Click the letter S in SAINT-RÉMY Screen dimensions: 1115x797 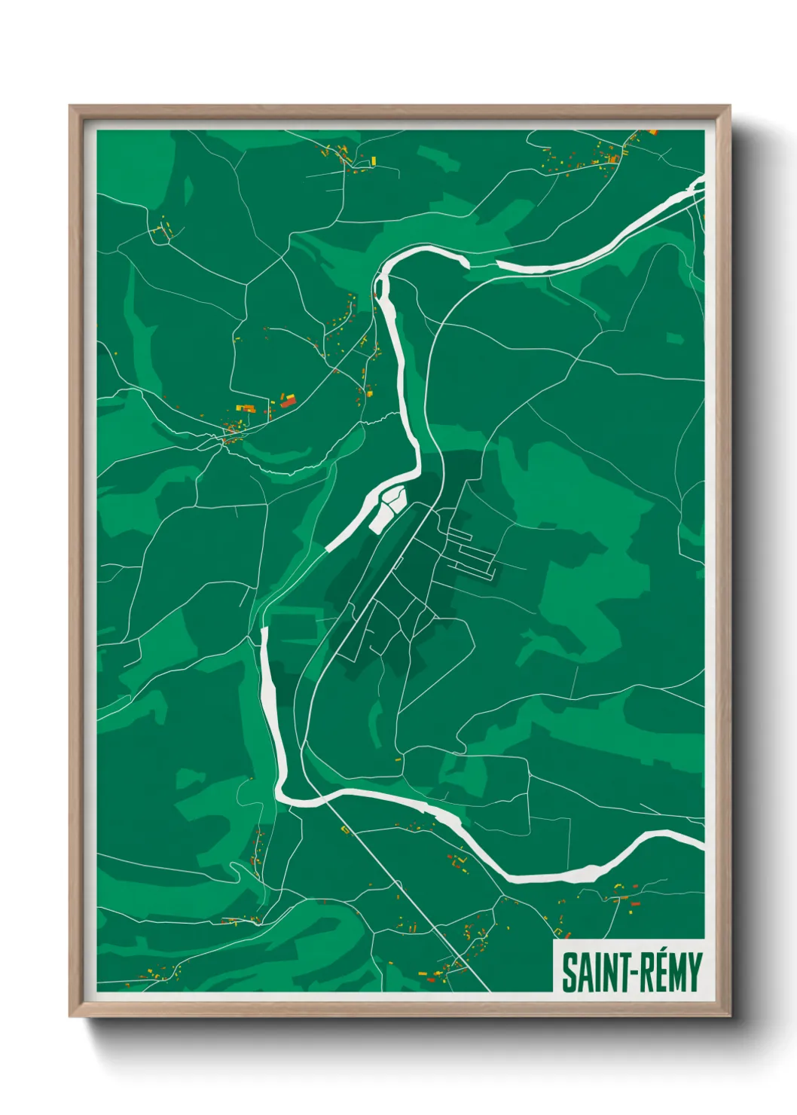pos(570,973)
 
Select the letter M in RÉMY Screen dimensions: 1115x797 pos(676,973)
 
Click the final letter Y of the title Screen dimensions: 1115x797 pos(694,973)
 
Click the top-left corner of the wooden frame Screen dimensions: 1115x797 pos(71,107)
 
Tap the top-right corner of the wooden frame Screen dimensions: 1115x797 pos(728,107)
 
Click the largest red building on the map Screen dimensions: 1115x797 pos(288,403)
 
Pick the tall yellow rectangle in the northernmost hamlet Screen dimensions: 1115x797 pos(373,160)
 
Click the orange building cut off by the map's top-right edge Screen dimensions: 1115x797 pos(652,133)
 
